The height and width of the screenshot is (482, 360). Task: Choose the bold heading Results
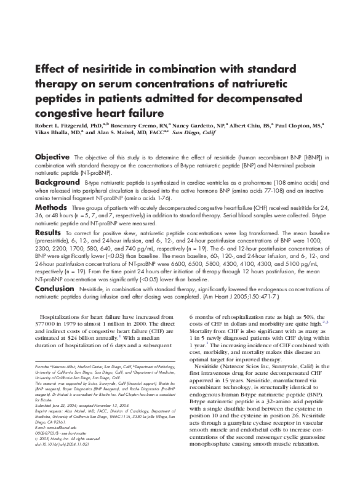[x=48, y=235]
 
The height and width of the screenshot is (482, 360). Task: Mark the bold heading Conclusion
[x=55, y=289]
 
